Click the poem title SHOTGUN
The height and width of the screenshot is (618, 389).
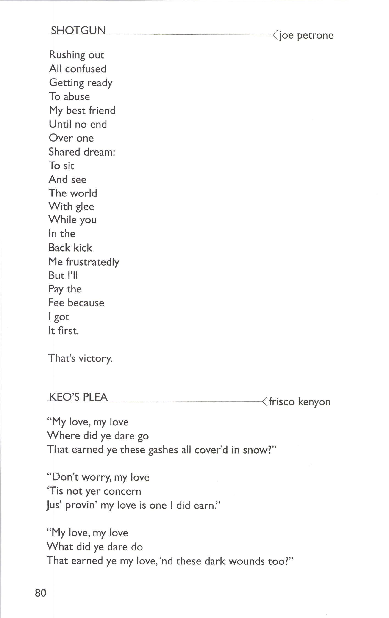(x=78, y=30)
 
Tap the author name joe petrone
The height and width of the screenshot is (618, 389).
(x=306, y=35)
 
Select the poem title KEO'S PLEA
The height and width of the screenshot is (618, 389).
(x=78, y=397)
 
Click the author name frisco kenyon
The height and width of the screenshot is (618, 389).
(x=300, y=402)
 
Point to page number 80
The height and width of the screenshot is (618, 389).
(x=41, y=593)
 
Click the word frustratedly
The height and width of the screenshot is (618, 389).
(x=92, y=262)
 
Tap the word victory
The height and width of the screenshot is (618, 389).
(x=96, y=358)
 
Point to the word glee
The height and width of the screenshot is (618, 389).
(x=85, y=207)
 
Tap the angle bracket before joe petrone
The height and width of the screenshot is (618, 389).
(x=275, y=35)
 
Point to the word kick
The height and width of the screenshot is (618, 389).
(x=83, y=248)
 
